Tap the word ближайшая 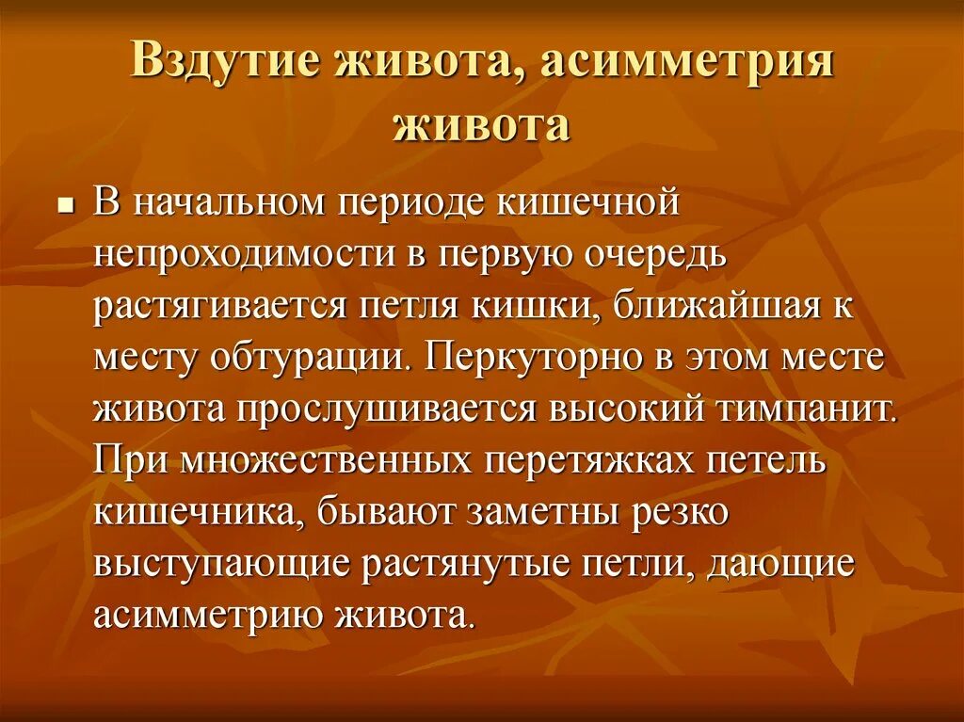pyautogui.click(x=722, y=307)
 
